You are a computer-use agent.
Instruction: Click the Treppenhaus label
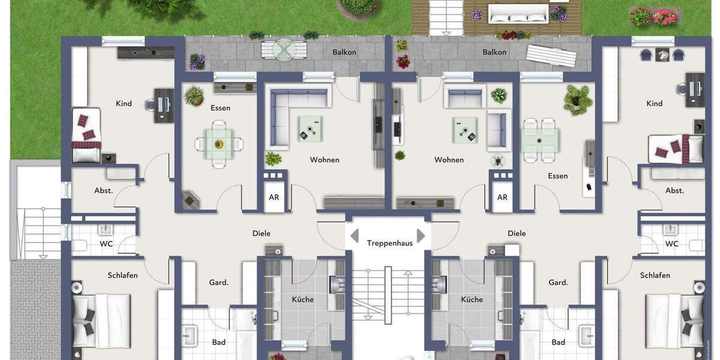pyautogui.click(x=390, y=243)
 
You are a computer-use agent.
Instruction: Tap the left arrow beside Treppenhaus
pyautogui.click(x=355, y=235)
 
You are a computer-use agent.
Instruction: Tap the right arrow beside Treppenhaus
pyautogui.click(x=421, y=235)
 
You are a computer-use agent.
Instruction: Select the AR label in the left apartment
pyautogui.click(x=274, y=197)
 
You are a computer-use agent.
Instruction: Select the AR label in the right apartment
pyautogui.click(x=502, y=197)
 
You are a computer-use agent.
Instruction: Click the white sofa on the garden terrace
pyautogui.click(x=518, y=13)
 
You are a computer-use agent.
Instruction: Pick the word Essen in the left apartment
pyautogui.click(x=220, y=108)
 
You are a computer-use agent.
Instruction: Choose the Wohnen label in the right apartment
pyautogui.click(x=449, y=160)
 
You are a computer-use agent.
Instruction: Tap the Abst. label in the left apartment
pyautogui.click(x=103, y=190)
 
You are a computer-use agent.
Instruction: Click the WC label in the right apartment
pyautogui.click(x=671, y=244)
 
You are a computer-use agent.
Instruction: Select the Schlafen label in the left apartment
pyautogui.click(x=122, y=275)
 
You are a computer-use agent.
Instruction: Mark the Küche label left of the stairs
pyautogui.click(x=302, y=299)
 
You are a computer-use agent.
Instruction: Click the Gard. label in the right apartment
pyautogui.click(x=558, y=282)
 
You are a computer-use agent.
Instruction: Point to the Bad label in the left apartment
pyautogui.click(x=218, y=342)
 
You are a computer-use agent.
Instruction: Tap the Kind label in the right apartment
pyautogui.click(x=654, y=103)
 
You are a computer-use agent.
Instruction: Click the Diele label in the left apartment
pyautogui.click(x=262, y=233)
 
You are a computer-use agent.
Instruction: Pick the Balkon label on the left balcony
pyautogui.click(x=344, y=52)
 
